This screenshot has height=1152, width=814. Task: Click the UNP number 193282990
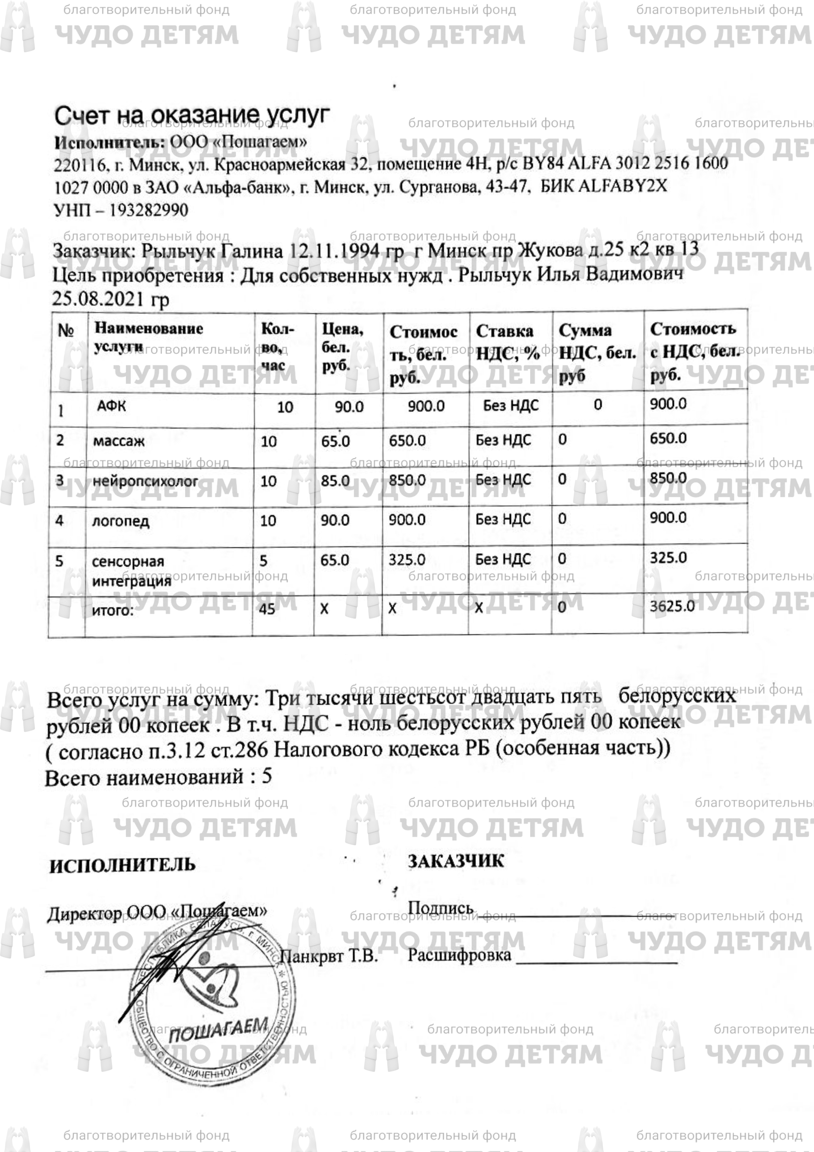coord(148,210)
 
